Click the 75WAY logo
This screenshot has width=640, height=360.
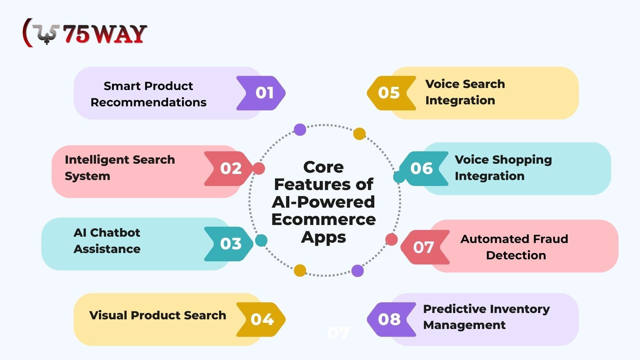coord(85,33)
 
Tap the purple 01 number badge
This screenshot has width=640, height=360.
coord(261,93)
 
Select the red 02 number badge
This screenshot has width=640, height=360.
coord(229,169)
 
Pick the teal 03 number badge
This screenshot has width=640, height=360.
coord(229,244)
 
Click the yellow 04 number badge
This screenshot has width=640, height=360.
coord(261,319)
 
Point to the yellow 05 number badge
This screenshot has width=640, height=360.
coord(392,93)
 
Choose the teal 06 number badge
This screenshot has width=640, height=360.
coord(424,169)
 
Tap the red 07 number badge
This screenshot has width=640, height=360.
coord(425,247)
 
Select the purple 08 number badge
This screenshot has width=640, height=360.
coord(392,319)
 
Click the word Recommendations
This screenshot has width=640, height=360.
coord(149,102)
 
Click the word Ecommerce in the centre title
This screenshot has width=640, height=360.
coord(324,219)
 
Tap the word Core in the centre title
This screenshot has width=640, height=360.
coord(323,167)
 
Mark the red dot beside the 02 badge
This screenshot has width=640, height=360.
coord(259,168)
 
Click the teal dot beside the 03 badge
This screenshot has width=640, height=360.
coord(261,240)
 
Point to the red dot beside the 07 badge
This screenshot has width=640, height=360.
coord(392,239)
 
